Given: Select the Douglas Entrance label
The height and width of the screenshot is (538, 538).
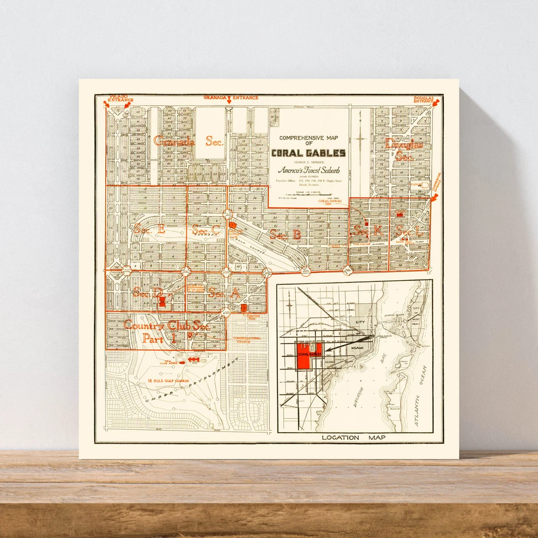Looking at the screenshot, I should [424, 99].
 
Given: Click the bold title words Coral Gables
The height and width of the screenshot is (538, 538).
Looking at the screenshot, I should [308, 153].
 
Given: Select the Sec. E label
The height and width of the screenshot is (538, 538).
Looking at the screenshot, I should [149, 229].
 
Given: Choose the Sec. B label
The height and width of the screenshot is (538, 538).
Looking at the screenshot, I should [285, 235].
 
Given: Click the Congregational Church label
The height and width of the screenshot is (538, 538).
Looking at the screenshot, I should [247, 340].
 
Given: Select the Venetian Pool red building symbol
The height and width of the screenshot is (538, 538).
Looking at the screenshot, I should [244, 308].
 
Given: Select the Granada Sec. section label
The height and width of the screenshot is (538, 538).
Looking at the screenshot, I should [188, 141].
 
